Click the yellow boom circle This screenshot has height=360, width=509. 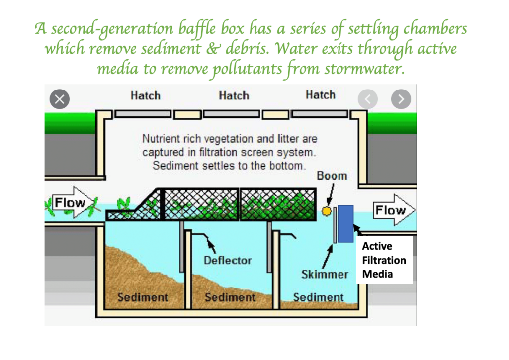326,211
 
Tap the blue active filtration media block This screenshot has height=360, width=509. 346,223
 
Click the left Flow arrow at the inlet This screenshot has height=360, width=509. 70,203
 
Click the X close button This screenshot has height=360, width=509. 60,99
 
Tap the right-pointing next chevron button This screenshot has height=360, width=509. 401,99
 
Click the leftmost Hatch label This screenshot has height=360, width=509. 145,95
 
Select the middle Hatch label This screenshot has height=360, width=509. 234,95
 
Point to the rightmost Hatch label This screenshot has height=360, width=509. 320,95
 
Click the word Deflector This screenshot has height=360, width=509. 228,260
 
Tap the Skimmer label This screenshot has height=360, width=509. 325,274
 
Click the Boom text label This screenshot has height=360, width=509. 332,176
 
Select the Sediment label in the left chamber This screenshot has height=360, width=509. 143,297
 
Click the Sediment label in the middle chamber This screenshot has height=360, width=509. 230,297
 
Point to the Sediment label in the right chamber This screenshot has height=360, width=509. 318,297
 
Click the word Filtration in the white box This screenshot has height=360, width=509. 384,260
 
